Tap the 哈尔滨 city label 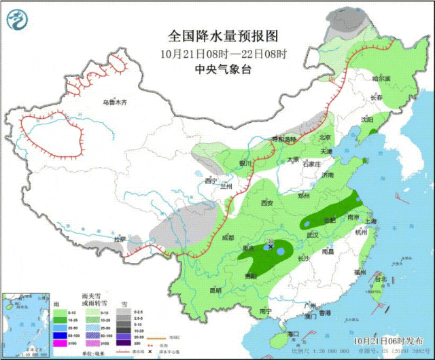[x=381, y=79]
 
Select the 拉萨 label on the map [x=120, y=239]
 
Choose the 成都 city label [x=227, y=238]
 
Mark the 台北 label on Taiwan [x=381, y=278]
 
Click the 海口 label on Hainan [x=294, y=334]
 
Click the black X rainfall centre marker [x=271, y=248]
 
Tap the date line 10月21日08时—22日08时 [x=215, y=53]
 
